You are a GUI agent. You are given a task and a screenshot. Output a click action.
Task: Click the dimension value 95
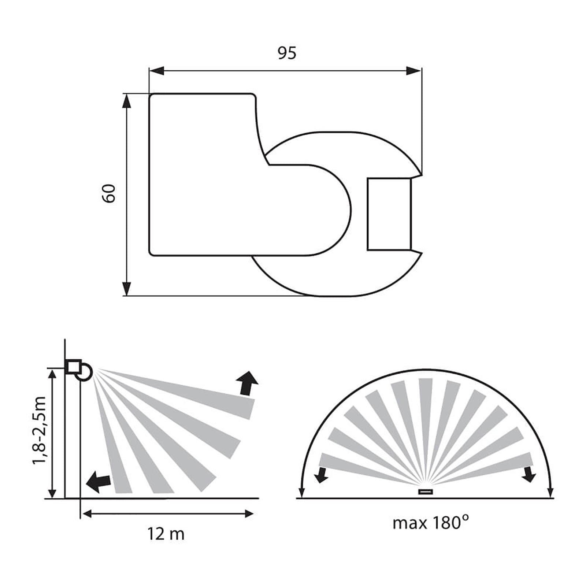(286, 53)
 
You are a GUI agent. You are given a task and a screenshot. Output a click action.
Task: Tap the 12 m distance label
(166, 534)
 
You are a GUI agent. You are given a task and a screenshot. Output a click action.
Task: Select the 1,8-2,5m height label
(40, 430)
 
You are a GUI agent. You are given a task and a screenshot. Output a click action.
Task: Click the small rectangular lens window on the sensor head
(389, 214)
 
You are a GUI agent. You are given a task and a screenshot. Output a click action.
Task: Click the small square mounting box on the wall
(73, 367)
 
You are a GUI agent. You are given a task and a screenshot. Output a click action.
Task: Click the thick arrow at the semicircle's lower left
(322, 475)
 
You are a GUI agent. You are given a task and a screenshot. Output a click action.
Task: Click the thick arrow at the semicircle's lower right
(529, 475)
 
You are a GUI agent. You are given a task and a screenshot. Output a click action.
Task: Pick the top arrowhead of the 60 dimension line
(126, 101)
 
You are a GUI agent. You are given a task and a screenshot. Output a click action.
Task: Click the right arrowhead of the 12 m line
(249, 514)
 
